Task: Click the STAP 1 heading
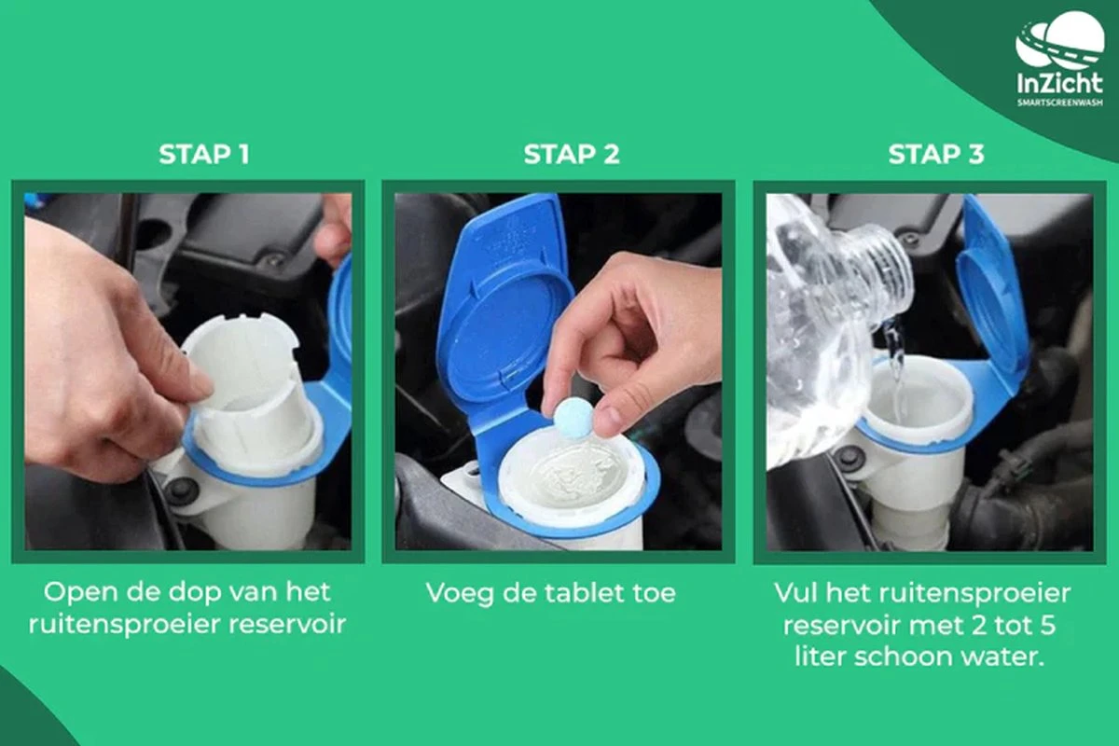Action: click(204, 154)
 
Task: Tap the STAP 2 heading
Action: click(572, 154)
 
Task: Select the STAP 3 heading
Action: click(936, 154)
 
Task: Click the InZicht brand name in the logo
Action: click(1059, 83)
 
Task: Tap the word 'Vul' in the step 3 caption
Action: click(794, 593)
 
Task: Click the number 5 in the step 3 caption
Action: click(1048, 625)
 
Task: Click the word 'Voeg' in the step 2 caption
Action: click(460, 594)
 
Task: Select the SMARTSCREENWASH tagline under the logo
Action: click(1059, 103)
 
